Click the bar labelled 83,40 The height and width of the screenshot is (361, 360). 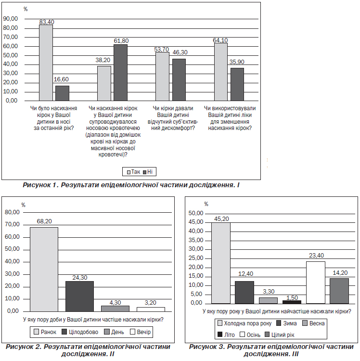click(x=46, y=63)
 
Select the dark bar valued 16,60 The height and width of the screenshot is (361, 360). click(x=63, y=93)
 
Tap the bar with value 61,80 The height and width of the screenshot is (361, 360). click(x=121, y=73)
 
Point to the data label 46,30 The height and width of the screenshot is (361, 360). click(x=180, y=52)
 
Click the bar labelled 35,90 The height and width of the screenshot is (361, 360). click(x=237, y=84)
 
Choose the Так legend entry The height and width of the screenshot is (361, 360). click(x=133, y=172)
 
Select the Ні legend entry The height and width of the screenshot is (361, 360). click(x=148, y=172)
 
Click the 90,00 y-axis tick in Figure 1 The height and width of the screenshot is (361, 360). click(x=11, y=19)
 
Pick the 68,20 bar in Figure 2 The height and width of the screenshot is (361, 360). click(x=44, y=270)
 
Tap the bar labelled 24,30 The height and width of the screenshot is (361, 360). click(x=79, y=297)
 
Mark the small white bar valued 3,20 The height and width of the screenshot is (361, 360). click(x=151, y=309)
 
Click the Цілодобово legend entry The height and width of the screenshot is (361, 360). click(x=80, y=332)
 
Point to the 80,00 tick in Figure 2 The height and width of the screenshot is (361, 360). click(x=12, y=212)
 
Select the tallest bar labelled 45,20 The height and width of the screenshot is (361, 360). click(x=221, y=263)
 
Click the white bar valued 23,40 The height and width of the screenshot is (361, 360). click(x=316, y=283)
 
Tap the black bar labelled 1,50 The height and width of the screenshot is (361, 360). click(x=292, y=302)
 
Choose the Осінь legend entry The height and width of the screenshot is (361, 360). click(x=250, y=335)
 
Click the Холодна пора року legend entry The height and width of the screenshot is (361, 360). click(x=244, y=323)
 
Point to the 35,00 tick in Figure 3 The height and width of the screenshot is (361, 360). click(x=196, y=240)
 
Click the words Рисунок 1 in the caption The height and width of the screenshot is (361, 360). click(x=39, y=185)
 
